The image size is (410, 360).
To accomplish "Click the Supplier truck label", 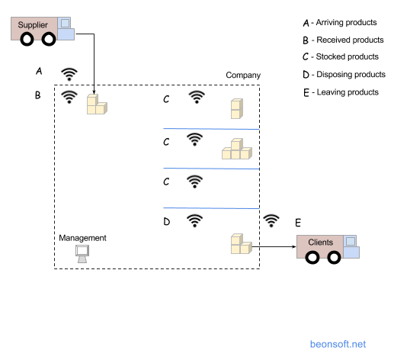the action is (x=33, y=25).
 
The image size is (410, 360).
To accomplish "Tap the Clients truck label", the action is (x=320, y=243).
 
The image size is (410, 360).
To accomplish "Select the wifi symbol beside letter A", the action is (x=69, y=74).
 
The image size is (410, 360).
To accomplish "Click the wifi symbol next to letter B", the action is (x=69, y=97).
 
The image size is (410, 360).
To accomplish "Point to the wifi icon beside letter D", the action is (x=195, y=221).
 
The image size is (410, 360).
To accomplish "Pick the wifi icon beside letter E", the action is (x=271, y=221).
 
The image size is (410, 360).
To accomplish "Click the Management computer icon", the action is (x=82, y=254).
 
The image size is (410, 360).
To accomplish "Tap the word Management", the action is (x=82, y=238).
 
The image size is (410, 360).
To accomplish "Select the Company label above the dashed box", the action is (x=243, y=75).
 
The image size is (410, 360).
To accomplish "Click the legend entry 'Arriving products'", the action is (x=346, y=23).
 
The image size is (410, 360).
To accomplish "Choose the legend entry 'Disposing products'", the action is (x=351, y=74).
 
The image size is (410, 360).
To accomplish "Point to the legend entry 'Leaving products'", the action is (x=348, y=92).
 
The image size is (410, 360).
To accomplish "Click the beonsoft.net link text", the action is (x=338, y=344).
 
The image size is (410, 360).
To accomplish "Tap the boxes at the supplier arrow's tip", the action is (x=97, y=104).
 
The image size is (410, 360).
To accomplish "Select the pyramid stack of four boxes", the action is (x=237, y=149).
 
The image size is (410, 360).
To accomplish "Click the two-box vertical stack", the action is (x=237, y=108).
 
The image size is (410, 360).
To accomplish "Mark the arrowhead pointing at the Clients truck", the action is (x=294, y=246).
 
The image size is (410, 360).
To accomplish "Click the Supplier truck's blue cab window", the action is (x=65, y=23).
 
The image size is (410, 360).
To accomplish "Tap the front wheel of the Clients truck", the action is (x=334, y=257).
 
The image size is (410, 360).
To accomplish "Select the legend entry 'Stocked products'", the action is (x=348, y=56).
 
